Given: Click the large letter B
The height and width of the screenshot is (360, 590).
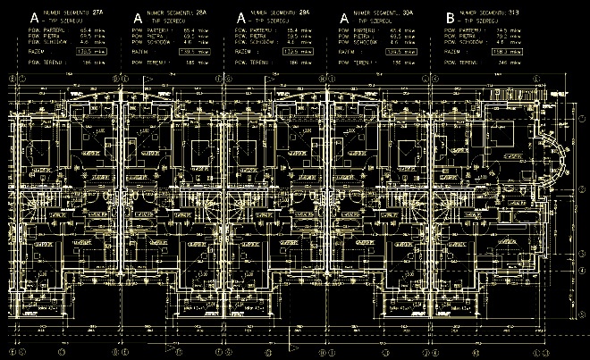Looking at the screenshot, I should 449,17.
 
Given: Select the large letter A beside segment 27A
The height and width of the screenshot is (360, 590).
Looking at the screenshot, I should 34,17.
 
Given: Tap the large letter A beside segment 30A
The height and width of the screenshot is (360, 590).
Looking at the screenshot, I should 345,17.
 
